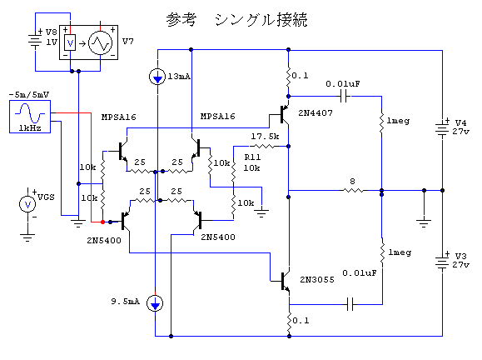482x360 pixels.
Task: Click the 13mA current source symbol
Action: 157,77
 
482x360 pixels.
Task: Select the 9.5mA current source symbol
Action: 155,303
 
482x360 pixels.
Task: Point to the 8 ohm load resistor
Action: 353,191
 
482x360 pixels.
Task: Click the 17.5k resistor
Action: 263,147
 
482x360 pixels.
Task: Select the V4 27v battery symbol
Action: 442,128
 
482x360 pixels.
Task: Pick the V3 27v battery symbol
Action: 442,262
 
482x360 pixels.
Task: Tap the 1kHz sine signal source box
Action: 30,117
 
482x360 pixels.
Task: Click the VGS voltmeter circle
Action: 27,204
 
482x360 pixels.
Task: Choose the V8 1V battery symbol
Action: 35,40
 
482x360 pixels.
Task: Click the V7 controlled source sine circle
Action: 100,43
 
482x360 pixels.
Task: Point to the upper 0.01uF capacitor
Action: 345,97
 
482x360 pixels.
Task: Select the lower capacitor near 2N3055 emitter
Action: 350,304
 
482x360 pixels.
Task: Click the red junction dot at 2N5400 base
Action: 102,222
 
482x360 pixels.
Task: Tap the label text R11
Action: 252,157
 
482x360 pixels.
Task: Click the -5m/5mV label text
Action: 29,95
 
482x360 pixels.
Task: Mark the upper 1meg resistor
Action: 381,122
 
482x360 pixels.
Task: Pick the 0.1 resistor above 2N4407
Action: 288,76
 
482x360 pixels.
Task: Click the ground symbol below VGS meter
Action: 27,237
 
